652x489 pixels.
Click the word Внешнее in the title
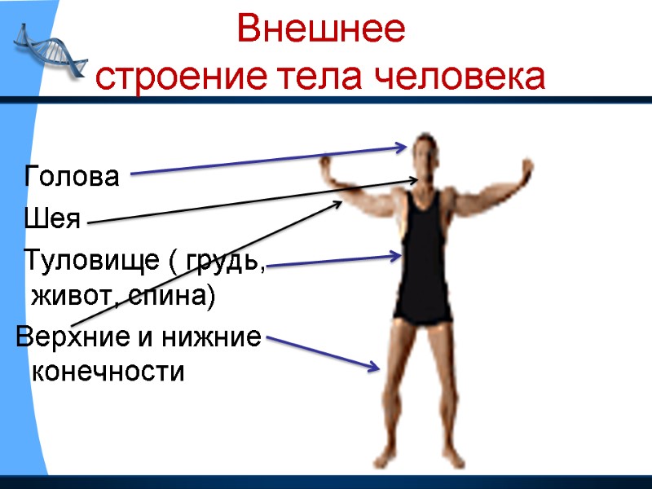320,31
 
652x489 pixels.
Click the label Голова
73,176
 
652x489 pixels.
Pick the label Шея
52,218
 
